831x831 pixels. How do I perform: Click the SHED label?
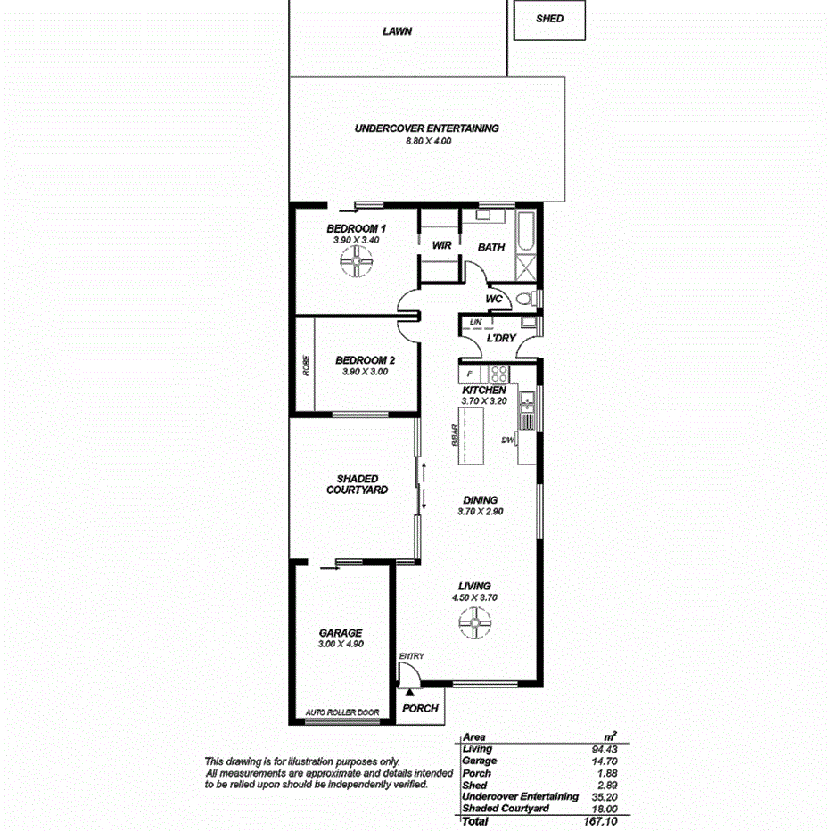(x=549, y=18)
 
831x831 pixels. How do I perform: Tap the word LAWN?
(x=398, y=31)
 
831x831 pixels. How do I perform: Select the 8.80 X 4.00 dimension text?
(x=426, y=141)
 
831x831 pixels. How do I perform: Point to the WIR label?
(x=440, y=245)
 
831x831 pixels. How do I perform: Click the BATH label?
(x=491, y=247)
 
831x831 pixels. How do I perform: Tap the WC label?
(x=494, y=299)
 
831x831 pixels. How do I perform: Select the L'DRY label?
(x=501, y=339)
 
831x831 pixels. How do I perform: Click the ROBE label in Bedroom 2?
(x=306, y=367)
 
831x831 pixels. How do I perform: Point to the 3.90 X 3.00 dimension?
(x=365, y=372)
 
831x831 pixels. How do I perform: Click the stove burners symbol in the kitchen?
(x=499, y=374)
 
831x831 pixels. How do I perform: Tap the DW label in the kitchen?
(x=507, y=440)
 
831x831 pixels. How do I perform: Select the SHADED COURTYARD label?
(x=357, y=484)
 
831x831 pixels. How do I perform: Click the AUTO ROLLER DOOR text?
(x=342, y=712)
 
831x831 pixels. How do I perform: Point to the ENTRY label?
(x=412, y=656)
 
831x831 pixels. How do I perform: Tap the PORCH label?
(x=420, y=709)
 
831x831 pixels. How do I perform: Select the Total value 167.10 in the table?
(x=597, y=820)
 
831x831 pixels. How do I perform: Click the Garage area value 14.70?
(x=602, y=761)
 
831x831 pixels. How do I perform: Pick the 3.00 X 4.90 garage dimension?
(x=341, y=644)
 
